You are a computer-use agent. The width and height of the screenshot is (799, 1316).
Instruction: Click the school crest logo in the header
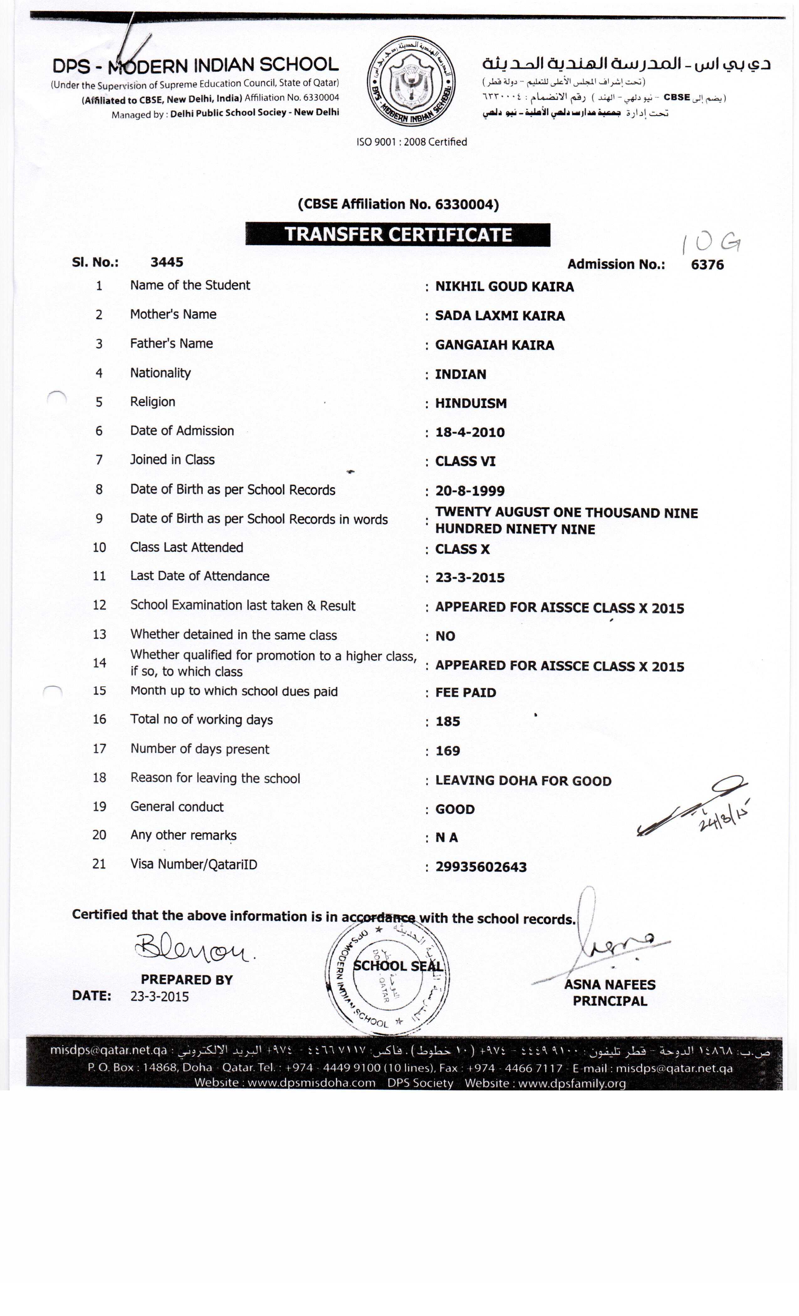[411, 82]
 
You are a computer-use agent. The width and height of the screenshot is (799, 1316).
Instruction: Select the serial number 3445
[167, 262]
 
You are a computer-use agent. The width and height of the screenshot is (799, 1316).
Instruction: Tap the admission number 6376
[707, 265]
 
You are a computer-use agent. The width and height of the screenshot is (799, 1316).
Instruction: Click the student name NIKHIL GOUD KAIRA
[504, 287]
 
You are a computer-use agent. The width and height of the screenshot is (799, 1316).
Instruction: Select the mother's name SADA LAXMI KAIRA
[499, 316]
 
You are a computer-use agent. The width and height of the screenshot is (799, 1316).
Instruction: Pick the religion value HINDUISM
[471, 403]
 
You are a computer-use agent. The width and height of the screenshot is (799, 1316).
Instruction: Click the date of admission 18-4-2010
[469, 433]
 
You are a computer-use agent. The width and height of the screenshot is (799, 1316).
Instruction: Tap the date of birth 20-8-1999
[469, 491]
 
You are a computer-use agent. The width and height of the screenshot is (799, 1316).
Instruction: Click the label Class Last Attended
[186, 547]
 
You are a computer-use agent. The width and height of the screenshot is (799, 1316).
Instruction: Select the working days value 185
[447, 722]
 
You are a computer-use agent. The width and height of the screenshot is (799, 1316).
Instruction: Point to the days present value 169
[447, 751]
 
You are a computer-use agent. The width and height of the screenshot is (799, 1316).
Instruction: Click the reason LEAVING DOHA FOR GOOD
[523, 781]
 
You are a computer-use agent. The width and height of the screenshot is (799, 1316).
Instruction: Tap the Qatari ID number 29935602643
[481, 867]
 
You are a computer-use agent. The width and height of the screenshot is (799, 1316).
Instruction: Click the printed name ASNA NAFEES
[609, 984]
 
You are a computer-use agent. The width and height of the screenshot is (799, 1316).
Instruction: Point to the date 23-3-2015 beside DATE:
[159, 997]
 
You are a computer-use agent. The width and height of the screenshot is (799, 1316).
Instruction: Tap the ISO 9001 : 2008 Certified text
[411, 142]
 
